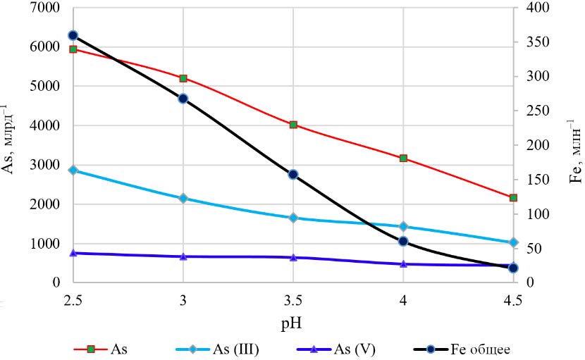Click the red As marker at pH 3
click(x=183, y=78)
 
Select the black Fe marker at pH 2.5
click(x=73, y=35)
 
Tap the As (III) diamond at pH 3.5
click(x=293, y=218)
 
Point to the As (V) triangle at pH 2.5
click(x=73, y=253)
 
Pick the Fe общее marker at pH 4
click(x=403, y=241)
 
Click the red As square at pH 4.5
click(x=513, y=198)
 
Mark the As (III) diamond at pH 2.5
click(x=73, y=170)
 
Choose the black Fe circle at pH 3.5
click(x=293, y=174)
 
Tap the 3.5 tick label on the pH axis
click(x=293, y=300)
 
